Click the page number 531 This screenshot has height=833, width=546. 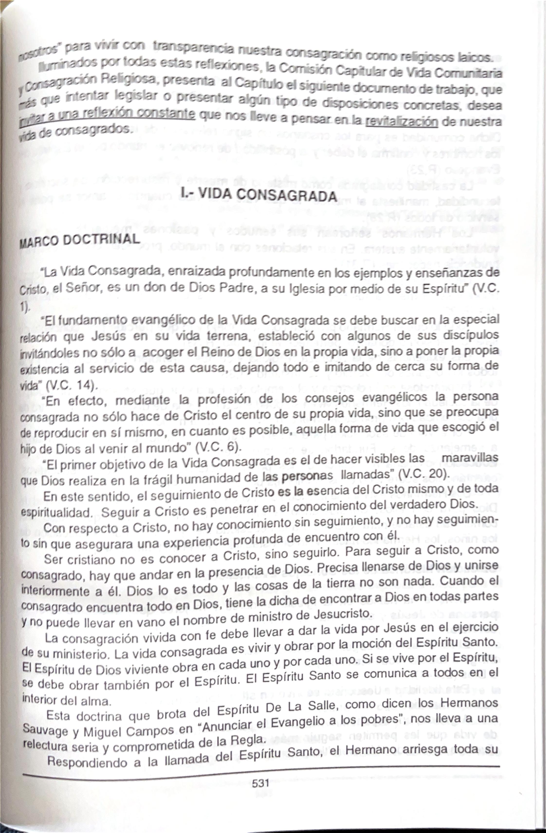[260, 783]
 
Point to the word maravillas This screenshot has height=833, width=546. [470, 458]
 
